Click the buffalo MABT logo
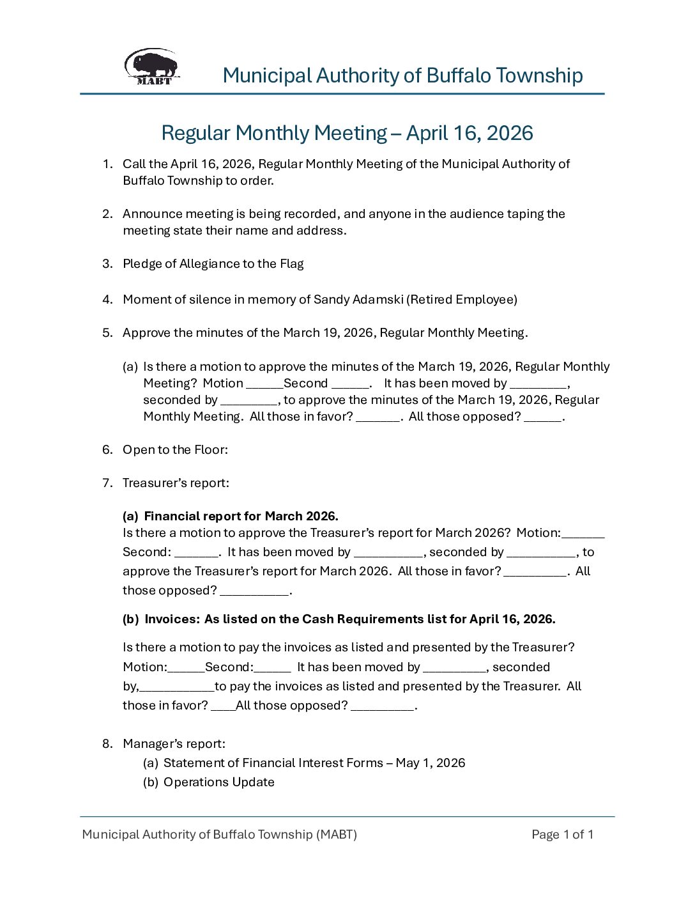152,66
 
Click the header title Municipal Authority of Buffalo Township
402,75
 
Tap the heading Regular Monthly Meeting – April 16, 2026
347,133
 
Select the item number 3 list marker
107,264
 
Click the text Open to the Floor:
175,450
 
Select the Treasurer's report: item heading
176,483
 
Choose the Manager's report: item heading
174,744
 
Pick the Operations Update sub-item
218,782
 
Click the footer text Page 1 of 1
562,835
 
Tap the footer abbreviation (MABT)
337,835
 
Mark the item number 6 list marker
107,450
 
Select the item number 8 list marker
107,744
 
